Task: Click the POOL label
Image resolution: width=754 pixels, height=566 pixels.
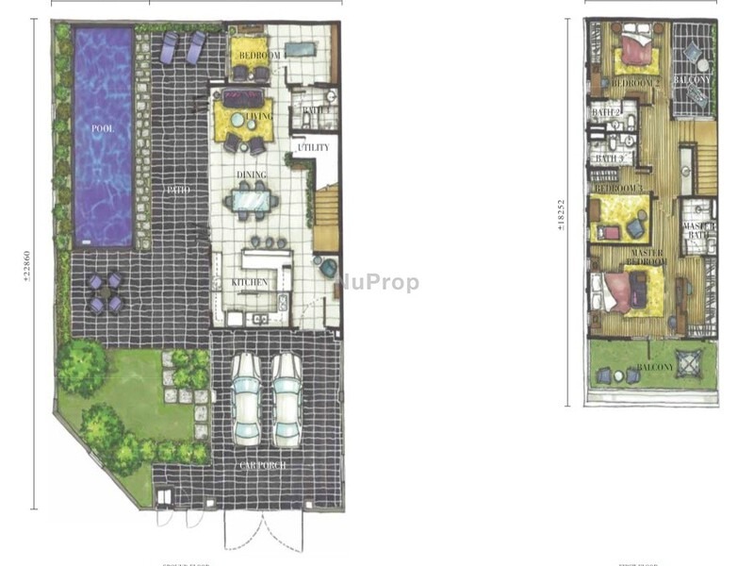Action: coord(102,127)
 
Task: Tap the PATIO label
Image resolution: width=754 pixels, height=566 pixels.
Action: coord(179,190)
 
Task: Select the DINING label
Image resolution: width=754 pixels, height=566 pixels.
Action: coord(252,175)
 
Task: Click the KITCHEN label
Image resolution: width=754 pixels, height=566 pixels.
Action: coord(250,282)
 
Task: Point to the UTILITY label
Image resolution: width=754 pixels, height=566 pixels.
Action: coord(312,148)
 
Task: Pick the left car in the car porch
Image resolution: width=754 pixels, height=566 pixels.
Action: coord(247,398)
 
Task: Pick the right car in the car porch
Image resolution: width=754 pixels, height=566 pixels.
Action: coord(287,398)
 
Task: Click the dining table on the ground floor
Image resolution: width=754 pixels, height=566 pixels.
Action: coord(253,200)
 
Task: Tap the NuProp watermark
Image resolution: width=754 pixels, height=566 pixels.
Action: coord(377,282)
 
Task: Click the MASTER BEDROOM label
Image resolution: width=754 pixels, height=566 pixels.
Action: coord(647,258)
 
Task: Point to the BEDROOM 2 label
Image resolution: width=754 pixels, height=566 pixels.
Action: coord(633,83)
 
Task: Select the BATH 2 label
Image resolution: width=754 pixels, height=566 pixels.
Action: coord(605,113)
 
